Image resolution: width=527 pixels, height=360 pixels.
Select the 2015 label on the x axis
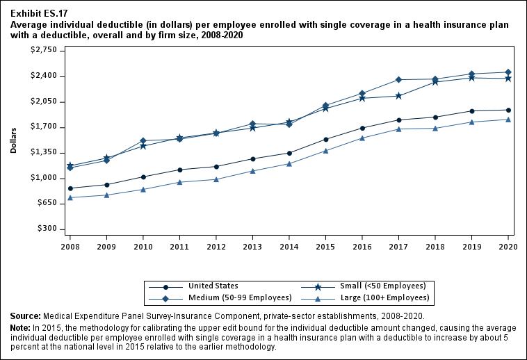tap(325, 246)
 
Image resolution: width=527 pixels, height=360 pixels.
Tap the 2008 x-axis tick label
tap(70, 246)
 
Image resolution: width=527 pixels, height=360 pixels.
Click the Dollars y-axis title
tap(14, 140)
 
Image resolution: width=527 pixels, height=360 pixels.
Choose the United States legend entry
tap(213, 286)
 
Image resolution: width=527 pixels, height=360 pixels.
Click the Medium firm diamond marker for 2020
tap(508, 72)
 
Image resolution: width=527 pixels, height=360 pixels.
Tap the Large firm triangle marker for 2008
tap(70, 197)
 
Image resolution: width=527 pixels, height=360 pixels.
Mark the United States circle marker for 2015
tap(325, 139)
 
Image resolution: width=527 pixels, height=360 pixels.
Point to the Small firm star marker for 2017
tap(398, 96)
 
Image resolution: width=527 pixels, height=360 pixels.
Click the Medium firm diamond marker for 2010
tap(143, 141)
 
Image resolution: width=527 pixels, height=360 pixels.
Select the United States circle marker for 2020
tap(508, 110)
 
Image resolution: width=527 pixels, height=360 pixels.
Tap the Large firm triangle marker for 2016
tap(362, 138)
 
